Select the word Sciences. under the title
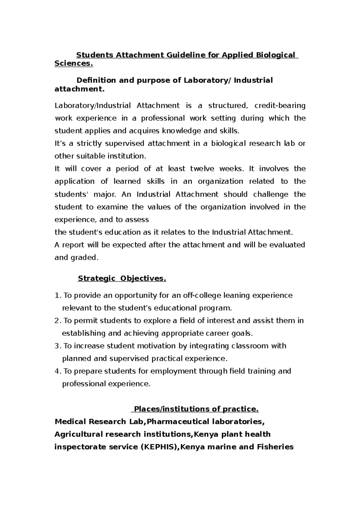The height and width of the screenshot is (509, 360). pyautogui.click(x=74, y=64)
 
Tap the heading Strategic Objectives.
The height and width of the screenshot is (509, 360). pyautogui.click(x=122, y=278)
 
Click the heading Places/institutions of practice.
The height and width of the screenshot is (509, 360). pyautogui.click(x=196, y=409)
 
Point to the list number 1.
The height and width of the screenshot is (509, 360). pyautogui.click(x=58, y=296)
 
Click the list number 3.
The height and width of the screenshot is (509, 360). pyautogui.click(x=58, y=346)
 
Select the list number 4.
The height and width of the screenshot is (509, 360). pyautogui.click(x=58, y=371)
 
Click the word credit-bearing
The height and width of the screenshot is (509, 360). pyautogui.click(x=280, y=106)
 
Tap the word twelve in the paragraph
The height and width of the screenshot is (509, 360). pyautogui.click(x=202, y=169)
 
